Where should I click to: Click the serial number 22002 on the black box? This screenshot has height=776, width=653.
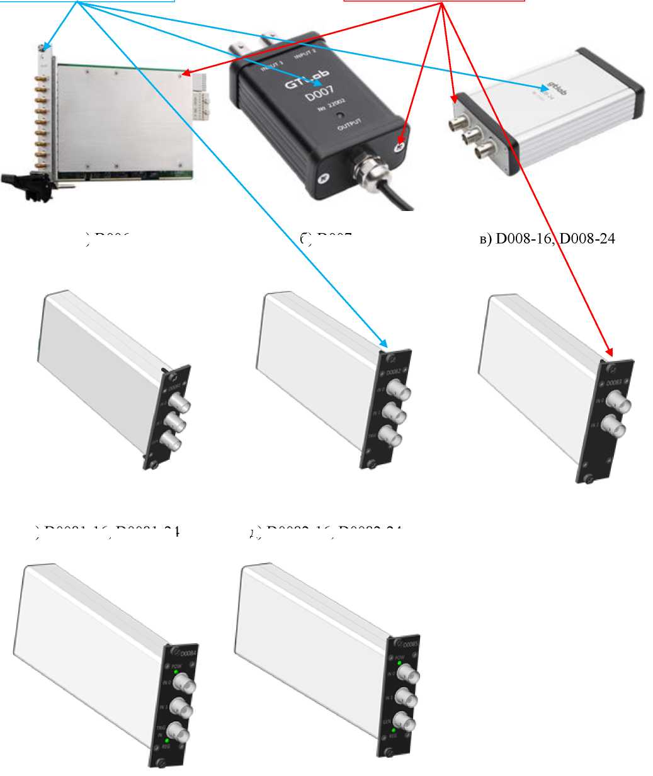[x=323, y=109]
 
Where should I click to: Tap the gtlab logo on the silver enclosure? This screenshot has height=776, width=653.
[x=554, y=85]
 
